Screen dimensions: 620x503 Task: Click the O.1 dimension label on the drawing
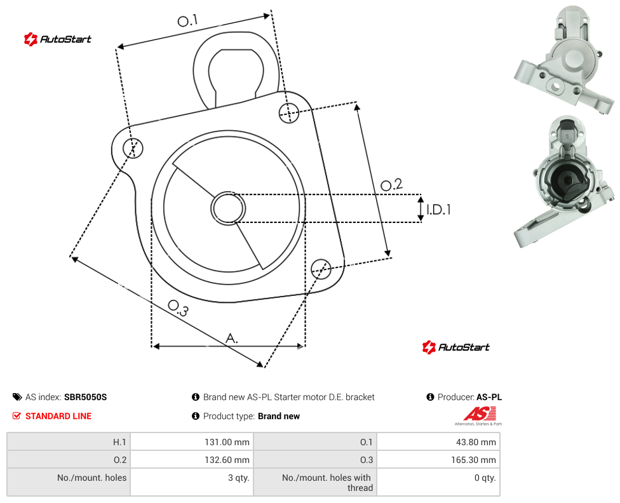coord(187,20)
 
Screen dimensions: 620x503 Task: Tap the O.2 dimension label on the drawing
coord(391,185)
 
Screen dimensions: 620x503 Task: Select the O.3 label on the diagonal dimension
coord(178,308)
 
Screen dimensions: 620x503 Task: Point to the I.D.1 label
coord(438,209)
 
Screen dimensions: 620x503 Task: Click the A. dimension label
coord(232,339)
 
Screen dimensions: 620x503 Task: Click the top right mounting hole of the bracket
coord(289,112)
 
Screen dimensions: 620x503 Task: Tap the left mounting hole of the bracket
coord(133,148)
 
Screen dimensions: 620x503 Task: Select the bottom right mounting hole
coord(321,269)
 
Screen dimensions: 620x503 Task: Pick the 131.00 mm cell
coord(227,442)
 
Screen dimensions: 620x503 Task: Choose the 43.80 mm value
coord(476,442)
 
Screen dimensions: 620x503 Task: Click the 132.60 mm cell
coord(227,460)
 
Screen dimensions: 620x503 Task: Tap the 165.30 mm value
coord(473,460)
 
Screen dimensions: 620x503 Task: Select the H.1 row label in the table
coord(119,442)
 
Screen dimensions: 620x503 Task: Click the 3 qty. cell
coord(238,478)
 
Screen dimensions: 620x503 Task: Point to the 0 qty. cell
coord(485,478)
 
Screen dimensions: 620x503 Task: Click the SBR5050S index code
coord(85,397)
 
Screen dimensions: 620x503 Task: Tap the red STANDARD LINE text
coord(58,416)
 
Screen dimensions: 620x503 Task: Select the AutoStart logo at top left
coord(58,39)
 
